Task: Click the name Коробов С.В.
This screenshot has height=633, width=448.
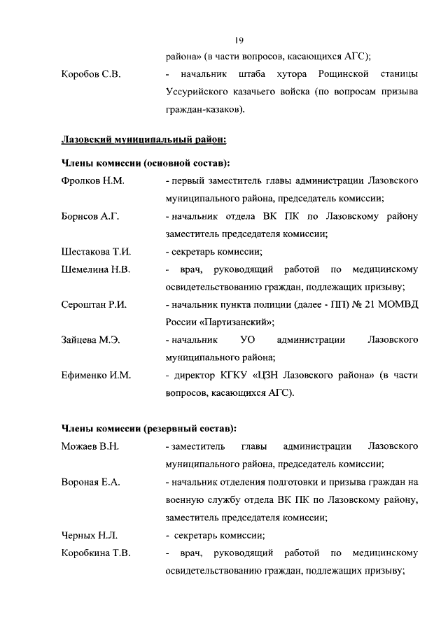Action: [91, 75]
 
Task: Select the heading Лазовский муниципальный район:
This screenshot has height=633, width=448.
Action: [143, 139]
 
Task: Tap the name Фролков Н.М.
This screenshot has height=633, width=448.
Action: [92, 181]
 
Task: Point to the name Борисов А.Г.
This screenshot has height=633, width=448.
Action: [90, 217]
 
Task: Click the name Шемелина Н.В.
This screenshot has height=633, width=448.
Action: [96, 269]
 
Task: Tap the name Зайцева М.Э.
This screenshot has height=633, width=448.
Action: [91, 340]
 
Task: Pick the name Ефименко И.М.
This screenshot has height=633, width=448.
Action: [96, 376]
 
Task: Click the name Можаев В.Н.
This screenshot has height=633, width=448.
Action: [91, 446]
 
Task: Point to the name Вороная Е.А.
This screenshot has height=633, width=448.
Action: [91, 482]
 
